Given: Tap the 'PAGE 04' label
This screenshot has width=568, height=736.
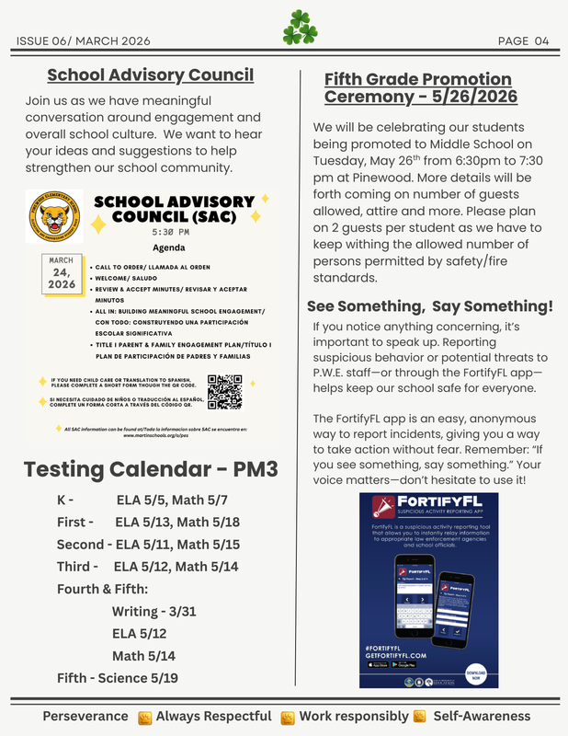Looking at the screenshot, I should (523, 40).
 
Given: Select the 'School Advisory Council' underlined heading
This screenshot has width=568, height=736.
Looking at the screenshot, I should (150, 75).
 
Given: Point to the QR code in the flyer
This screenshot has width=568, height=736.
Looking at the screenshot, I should (224, 391).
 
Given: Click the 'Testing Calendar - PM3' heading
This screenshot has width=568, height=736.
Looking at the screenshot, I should (151, 468).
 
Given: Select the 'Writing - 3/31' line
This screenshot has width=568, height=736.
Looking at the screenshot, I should (154, 612).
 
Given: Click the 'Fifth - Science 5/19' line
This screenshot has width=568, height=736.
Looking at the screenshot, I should (118, 678).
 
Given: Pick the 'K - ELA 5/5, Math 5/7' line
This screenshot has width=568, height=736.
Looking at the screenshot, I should (142, 500).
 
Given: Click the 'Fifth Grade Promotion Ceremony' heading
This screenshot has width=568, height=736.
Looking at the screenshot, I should (420, 88).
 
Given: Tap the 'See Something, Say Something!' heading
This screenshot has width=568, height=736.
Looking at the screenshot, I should (429, 306).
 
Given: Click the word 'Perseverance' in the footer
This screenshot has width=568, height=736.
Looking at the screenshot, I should (85, 716).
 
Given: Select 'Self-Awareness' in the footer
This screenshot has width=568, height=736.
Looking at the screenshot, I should (482, 716).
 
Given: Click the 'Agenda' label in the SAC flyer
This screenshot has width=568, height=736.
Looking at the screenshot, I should (168, 247).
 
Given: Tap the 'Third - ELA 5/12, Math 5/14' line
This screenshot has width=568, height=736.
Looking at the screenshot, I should (147, 567).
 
